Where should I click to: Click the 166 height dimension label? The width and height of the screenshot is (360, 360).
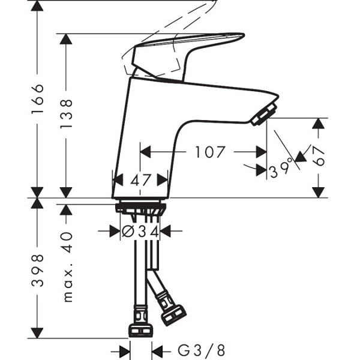click(37, 99)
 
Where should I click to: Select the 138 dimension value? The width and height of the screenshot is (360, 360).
click(67, 114)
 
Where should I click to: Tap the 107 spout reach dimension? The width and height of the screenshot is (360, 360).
click(210, 152)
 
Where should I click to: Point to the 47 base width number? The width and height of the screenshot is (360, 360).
click(140, 180)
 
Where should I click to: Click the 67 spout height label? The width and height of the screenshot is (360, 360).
click(319, 156)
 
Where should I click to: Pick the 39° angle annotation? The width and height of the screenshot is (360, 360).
click(281, 169)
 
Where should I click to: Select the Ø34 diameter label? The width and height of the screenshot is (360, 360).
click(140, 232)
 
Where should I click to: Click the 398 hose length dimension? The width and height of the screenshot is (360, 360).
click(37, 270)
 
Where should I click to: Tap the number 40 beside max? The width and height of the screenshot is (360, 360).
click(67, 242)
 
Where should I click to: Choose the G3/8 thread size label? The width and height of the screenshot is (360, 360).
click(202, 350)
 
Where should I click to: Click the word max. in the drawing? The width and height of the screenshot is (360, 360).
click(68, 284)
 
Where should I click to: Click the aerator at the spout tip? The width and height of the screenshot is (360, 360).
click(264, 114)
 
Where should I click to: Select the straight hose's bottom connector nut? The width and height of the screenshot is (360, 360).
click(140, 330)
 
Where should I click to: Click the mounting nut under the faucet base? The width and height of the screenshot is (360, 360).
click(140, 208)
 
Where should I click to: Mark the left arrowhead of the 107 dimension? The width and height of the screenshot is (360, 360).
click(145, 152)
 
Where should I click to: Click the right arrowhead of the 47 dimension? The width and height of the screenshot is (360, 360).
click(163, 180)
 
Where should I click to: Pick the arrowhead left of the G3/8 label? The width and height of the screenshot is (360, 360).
click(125, 351)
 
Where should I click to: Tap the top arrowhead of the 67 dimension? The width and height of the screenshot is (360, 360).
click(318, 123)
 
